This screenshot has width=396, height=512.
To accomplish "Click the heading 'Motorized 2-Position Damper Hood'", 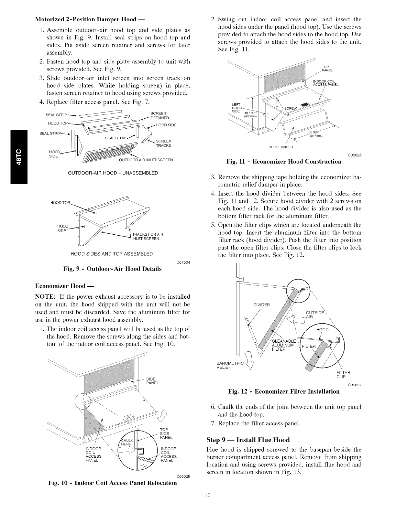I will (90, 19).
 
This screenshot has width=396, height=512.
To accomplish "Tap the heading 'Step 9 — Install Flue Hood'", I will (248, 440).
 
